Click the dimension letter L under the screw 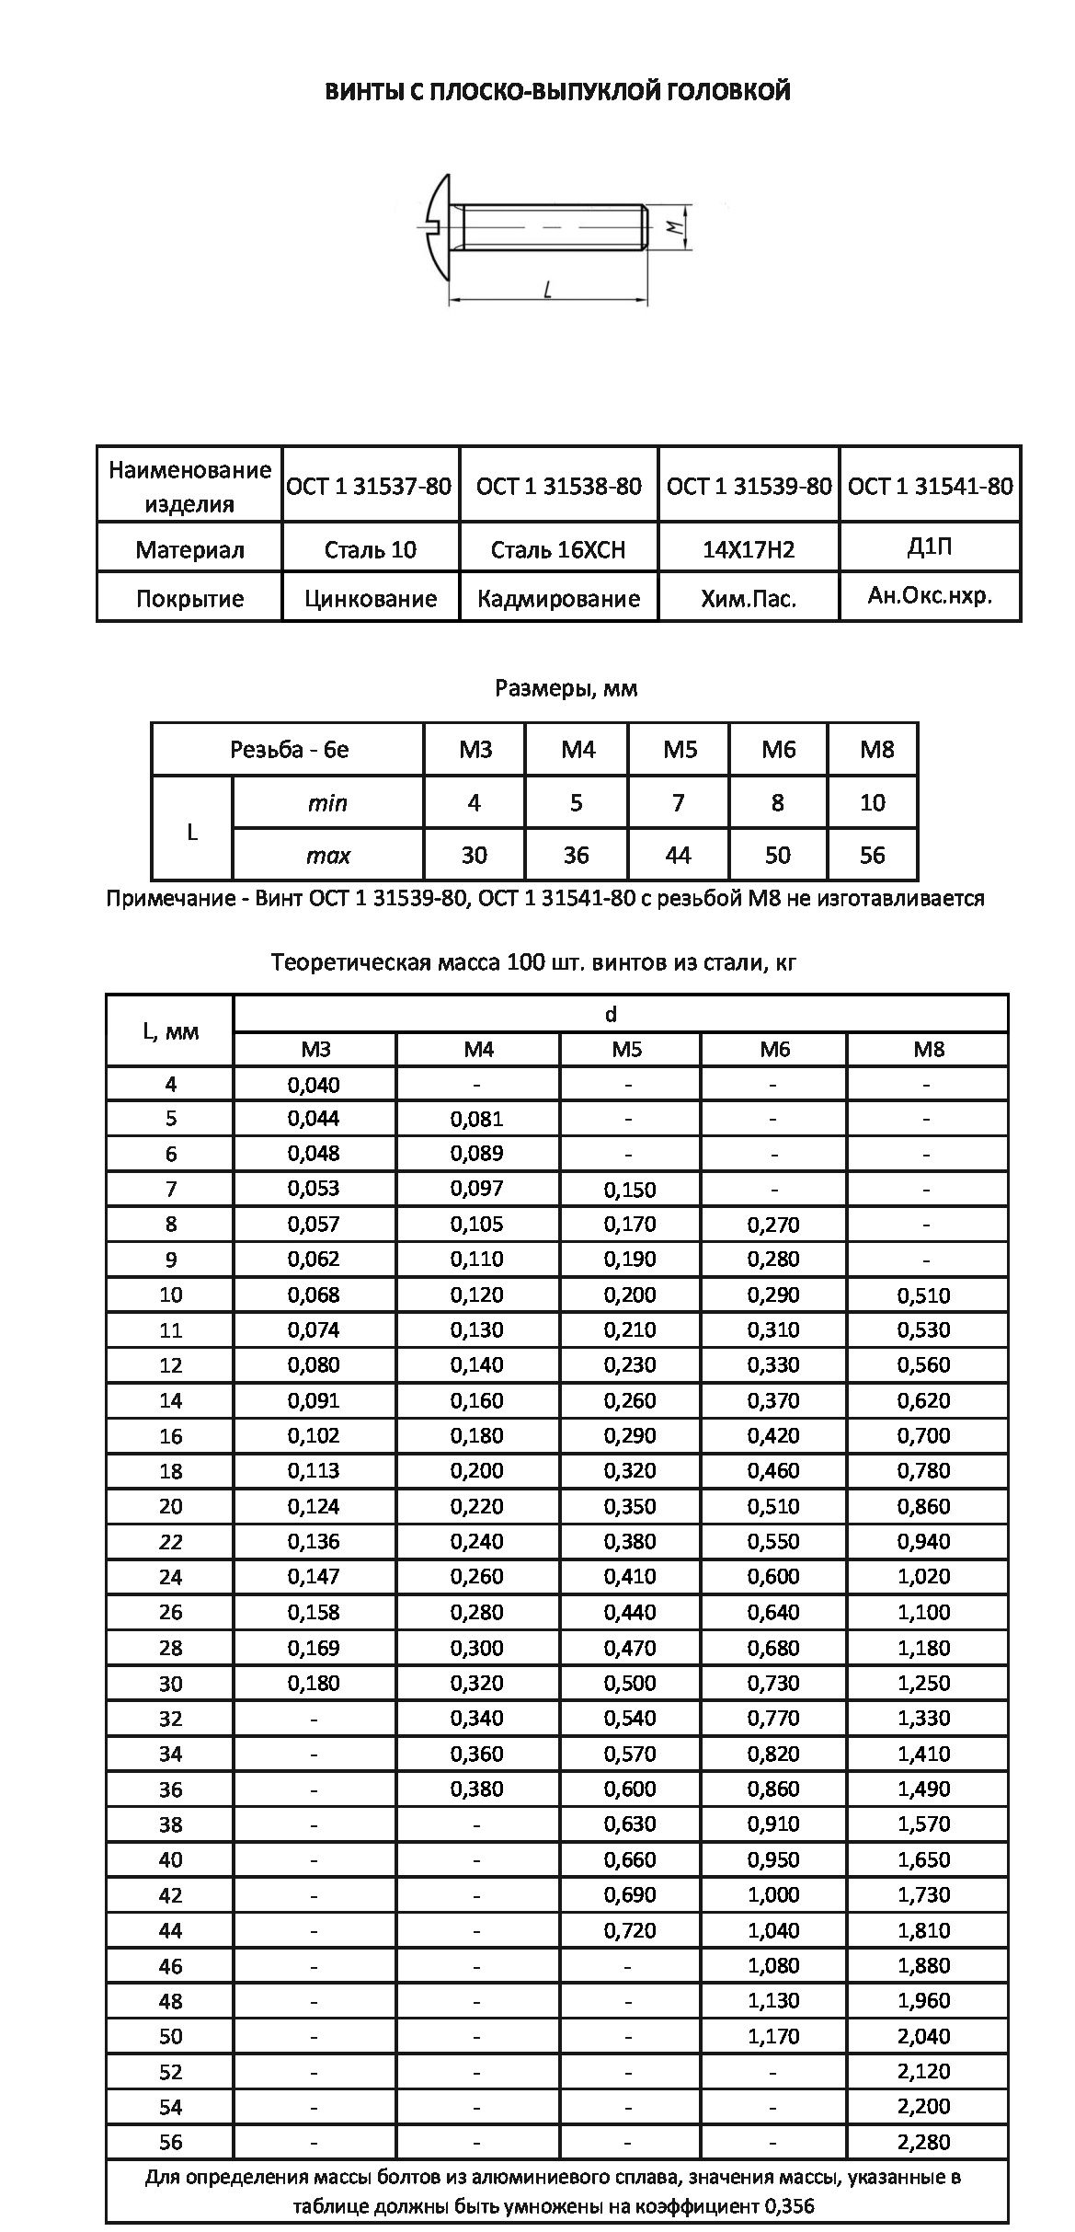point(548,291)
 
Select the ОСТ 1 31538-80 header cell point(559,486)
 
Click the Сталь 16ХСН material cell point(558,550)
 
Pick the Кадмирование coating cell point(558,599)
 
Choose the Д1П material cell point(930,547)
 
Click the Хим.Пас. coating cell point(749,599)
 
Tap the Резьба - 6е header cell point(289,749)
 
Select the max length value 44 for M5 point(678,855)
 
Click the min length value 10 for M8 point(872,802)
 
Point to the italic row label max point(328,855)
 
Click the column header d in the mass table point(611,1014)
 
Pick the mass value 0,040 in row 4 point(314,1084)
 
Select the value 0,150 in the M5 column point(630,1190)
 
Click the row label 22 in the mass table point(171,1541)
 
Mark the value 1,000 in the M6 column point(773,1894)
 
